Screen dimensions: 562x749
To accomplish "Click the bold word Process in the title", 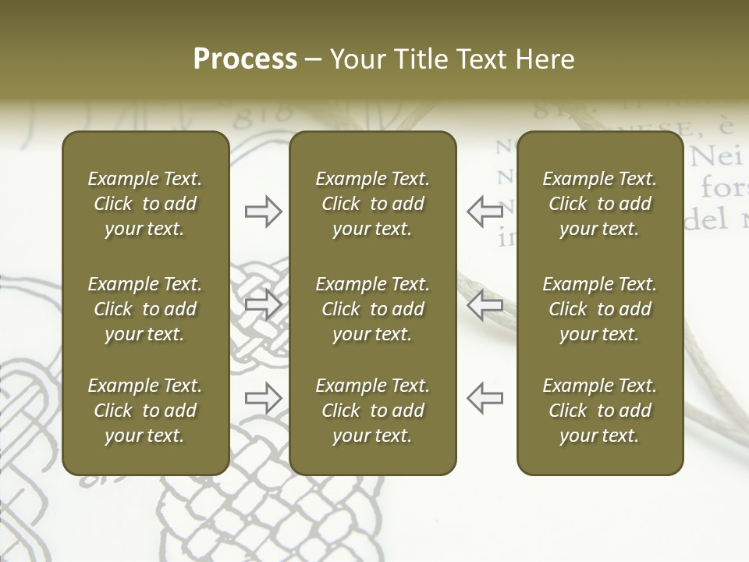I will (245, 59).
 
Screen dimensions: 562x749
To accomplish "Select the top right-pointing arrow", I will (263, 211).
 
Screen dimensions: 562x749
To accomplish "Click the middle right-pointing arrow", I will (263, 304).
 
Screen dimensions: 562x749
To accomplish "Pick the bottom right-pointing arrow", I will (263, 398).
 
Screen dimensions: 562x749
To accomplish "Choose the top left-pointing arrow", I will (485, 211).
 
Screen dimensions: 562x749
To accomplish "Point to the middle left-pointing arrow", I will (485, 304).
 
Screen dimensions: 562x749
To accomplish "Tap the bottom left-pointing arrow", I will (485, 398).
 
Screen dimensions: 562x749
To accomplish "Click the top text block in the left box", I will (145, 204).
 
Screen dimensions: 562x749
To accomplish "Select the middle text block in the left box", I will (145, 309).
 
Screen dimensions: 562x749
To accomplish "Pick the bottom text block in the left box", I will (145, 411).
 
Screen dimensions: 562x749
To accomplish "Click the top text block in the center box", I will (372, 204).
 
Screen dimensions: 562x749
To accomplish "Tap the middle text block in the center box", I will (372, 309).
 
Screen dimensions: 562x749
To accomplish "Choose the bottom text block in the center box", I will (372, 411).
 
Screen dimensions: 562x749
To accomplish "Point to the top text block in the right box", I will (599, 204).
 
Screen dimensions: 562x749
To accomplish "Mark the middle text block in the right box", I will (599, 309).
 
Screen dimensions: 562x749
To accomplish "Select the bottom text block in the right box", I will (599, 411).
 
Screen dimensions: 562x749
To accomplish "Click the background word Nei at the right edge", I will (715, 158).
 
